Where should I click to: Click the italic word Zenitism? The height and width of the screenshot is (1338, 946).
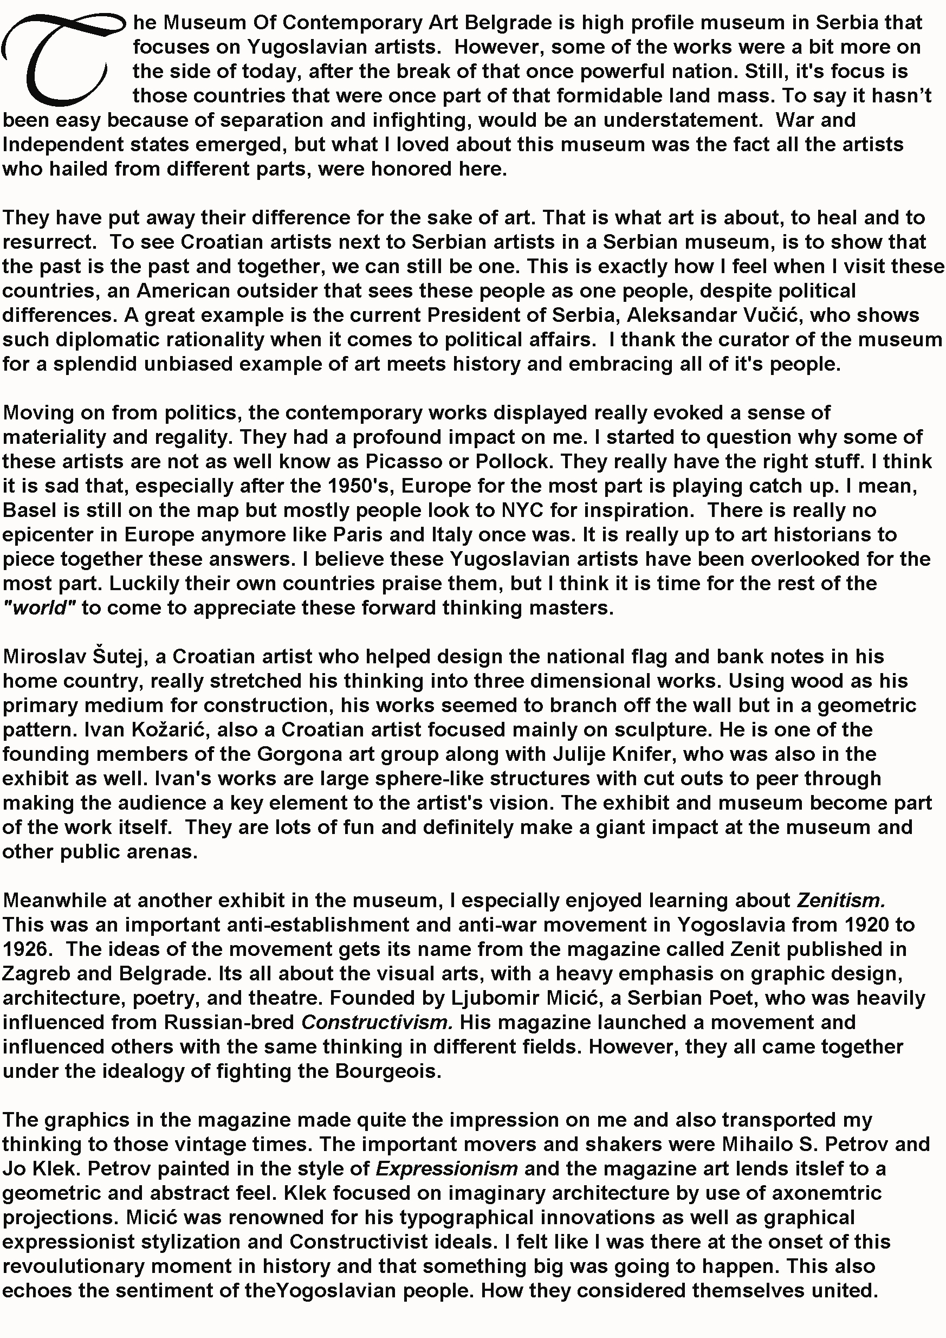[x=840, y=901]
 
